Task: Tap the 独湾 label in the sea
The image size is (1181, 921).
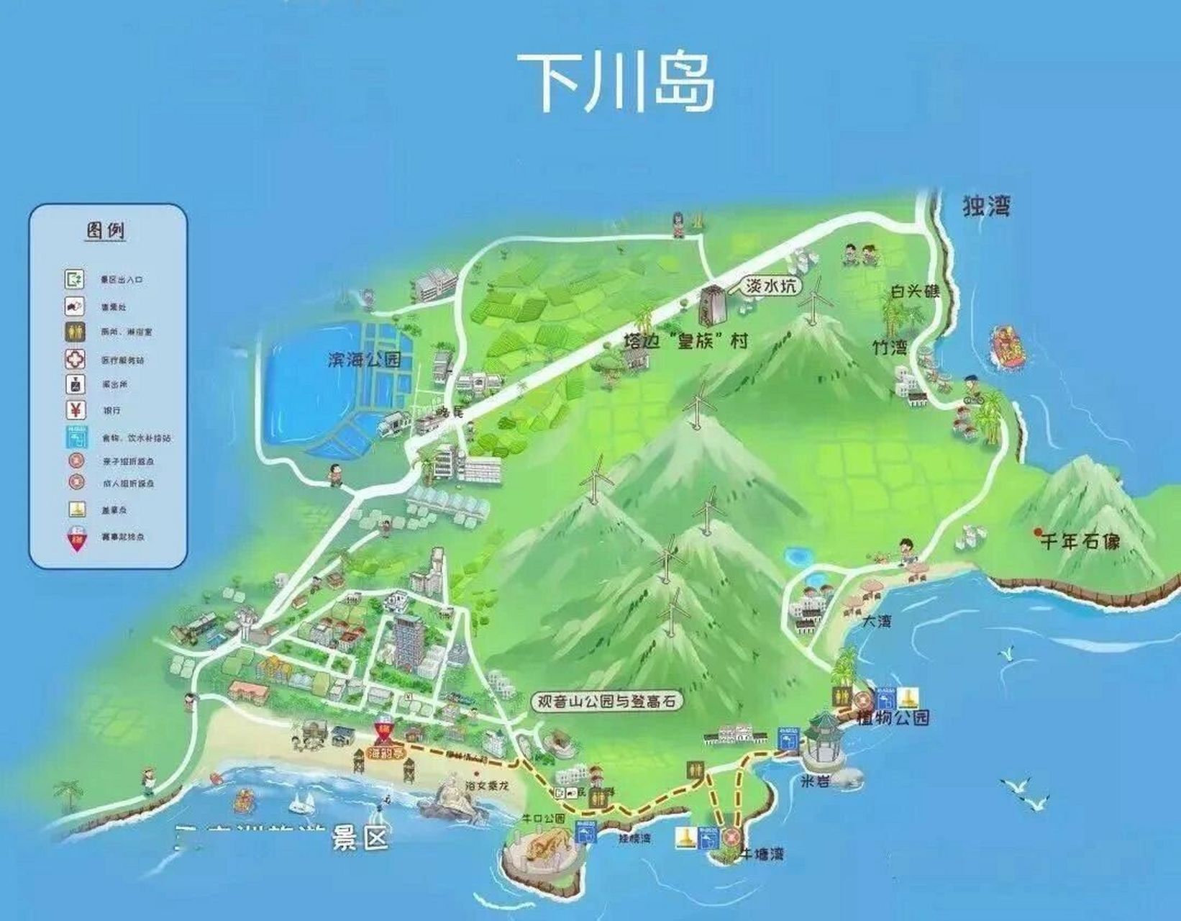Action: pyautogui.click(x=987, y=206)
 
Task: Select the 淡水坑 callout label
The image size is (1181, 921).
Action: pyautogui.click(x=770, y=286)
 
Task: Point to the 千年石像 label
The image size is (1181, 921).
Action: pyautogui.click(x=1080, y=541)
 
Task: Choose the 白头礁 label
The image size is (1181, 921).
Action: pyautogui.click(x=915, y=291)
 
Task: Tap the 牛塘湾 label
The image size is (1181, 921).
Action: pyautogui.click(x=764, y=854)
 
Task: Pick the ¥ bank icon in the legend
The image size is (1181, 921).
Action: pyautogui.click(x=76, y=410)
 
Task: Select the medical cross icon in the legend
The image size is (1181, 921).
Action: pyautogui.click(x=76, y=359)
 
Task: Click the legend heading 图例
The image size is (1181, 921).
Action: pyautogui.click(x=106, y=231)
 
